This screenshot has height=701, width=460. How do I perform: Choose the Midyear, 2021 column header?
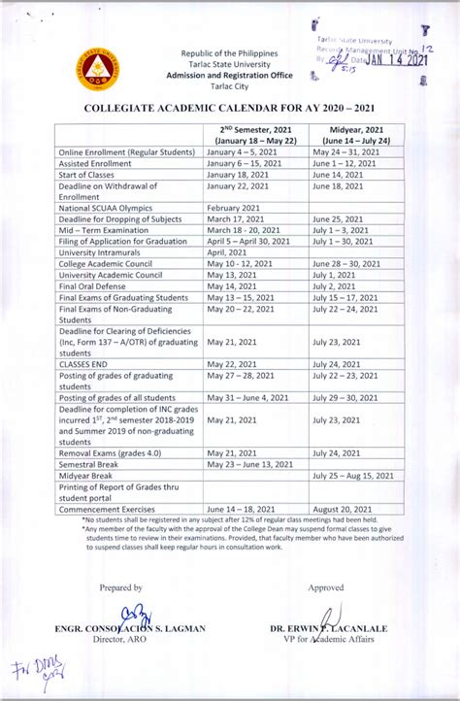pyautogui.click(x=355, y=135)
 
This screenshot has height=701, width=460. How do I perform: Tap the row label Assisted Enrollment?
pyautogui.click(x=99, y=165)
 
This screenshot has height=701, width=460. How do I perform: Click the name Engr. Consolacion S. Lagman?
pyautogui.click(x=132, y=628)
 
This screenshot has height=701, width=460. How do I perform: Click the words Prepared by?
pyautogui.click(x=120, y=587)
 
